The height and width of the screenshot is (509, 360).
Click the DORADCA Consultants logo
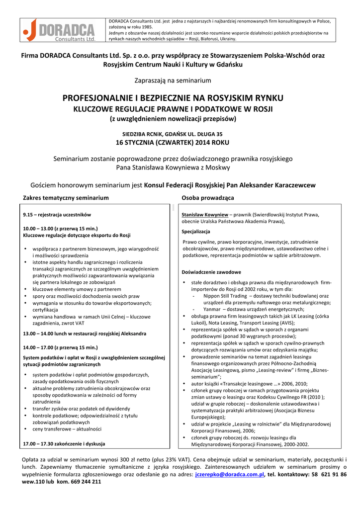(60, 30)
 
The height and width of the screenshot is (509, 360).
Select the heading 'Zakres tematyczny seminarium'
(66, 198)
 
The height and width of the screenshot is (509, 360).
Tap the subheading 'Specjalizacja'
(195, 232)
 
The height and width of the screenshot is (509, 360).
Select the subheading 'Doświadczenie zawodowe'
(211, 272)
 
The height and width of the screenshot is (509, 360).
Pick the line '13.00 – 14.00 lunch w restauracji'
(85, 334)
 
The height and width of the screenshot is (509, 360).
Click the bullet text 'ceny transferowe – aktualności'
(67, 429)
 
